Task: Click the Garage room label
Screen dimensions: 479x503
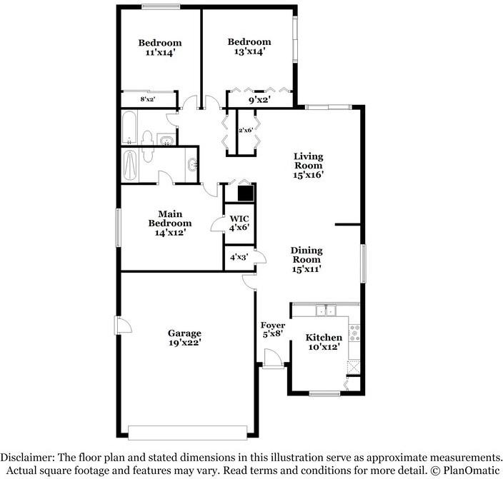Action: click(x=184, y=338)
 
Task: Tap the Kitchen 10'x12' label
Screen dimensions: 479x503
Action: click(x=324, y=342)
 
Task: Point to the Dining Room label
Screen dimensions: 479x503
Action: click(x=307, y=259)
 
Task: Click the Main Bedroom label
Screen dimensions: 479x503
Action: click(x=169, y=223)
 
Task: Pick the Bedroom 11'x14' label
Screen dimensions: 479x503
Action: click(x=159, y=47)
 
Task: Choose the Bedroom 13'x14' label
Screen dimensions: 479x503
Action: click(x=249, y=46)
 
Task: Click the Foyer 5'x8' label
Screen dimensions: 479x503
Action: click(x=274, y=330)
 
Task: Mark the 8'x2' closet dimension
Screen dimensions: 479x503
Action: click(x=148, y=100)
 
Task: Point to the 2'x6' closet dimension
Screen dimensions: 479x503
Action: click(x=246, y=131)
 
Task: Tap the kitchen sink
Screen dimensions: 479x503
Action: click(x=328, y=310)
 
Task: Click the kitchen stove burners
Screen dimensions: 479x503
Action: click(x=354, y=332)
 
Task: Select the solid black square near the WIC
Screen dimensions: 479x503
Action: click(x=246, y=193)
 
